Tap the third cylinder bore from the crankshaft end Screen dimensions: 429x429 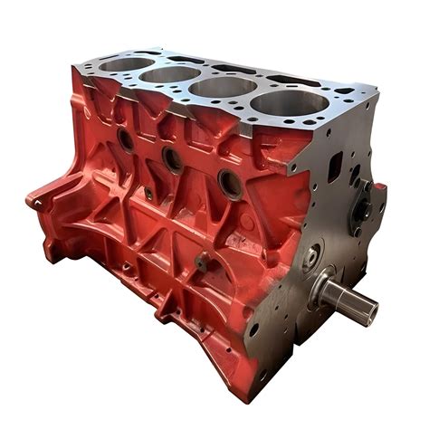pyautogui.click(x=171, y=74)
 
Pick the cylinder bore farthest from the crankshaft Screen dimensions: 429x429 pyautogui.click(x=127, y=64)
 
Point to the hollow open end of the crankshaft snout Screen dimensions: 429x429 pyautogui.click(x=368, y=312)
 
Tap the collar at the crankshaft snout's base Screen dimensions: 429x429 pyautogui.click(x=323, y=291)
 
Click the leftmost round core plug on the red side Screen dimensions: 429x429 pyautogui.click(x=125, y=139)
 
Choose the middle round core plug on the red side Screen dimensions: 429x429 pyautogui.click(x=172, y=159)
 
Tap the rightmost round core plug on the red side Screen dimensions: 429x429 pyautogui.click(x=230, y=186)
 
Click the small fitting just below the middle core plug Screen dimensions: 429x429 pyautogui.click(x=148, y=193)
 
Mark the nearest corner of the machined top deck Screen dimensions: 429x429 pyautogui.click(x=288, y=167)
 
